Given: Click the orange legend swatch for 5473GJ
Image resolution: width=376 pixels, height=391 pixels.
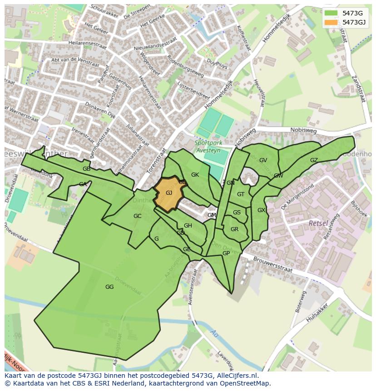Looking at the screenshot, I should tap(331, 22).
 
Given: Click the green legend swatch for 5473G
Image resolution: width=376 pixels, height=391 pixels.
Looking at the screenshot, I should tap(331, 13).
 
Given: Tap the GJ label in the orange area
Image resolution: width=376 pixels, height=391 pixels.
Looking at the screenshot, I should tap(169, 193).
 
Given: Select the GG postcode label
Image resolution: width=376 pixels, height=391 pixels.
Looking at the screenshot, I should tap(109, 287).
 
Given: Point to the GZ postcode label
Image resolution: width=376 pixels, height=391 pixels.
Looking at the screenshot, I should tap(314, 160).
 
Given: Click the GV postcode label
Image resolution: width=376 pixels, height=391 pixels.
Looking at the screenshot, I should tap(263, 160).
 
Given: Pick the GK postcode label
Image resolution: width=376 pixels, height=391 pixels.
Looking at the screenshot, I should tap(195, 175).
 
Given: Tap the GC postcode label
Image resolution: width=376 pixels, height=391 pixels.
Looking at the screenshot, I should tap(138, 216).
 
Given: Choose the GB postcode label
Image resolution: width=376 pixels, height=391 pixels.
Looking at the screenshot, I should tap(86, 169).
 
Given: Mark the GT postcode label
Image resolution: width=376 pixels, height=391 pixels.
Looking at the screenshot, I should tap(241, 194).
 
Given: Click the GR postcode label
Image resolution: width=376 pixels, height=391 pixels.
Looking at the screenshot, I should tap(234, 229).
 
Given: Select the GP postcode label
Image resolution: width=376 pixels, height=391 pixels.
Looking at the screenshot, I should tap(226, 253).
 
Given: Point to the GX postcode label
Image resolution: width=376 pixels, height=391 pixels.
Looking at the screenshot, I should tap(261, 210).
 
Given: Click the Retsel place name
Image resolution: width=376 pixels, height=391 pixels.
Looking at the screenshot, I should tap(318, 223).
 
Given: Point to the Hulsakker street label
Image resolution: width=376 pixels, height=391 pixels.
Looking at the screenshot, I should tap(317, 315).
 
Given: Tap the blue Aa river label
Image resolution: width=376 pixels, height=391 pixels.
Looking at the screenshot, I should tap(214, 334).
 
